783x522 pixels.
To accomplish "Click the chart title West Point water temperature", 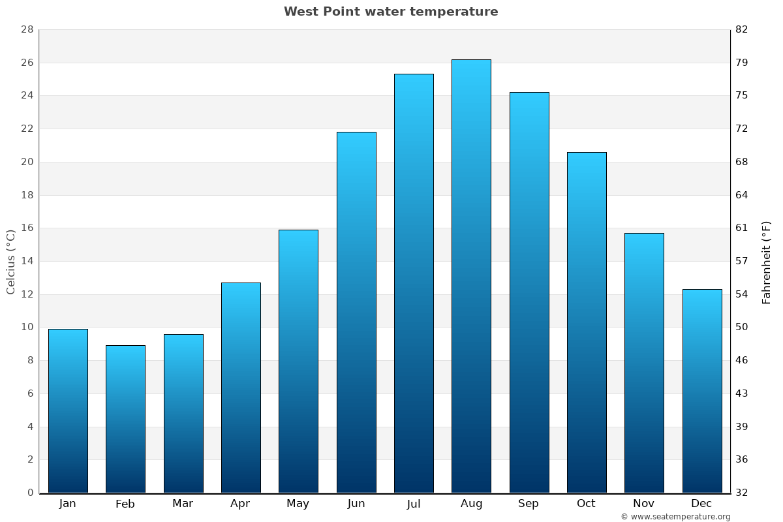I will (x=391, y=12).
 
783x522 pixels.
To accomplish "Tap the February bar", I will (x=125, y=419).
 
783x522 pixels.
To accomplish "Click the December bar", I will (x=702, y=391).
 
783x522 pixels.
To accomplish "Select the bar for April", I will (x=241, y=388).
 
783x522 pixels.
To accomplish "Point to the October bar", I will (x=587, y=322).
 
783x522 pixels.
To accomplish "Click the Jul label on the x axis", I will (x=414, y=504).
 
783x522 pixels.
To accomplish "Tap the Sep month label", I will (x=529, y=504).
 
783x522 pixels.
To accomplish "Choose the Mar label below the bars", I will (x=183, y=504).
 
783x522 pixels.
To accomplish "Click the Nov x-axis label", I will (x=644, y=504).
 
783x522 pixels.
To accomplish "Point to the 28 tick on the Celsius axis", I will (x=27, y=29).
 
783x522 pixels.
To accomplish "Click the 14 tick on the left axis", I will (x=27, y=261).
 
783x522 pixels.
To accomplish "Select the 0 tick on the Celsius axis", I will (x=30, y=493).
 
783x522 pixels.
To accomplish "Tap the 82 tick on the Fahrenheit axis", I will (x=742, y=29).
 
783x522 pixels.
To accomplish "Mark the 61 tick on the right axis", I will (x=742, y=228).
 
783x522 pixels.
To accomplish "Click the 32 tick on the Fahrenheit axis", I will (x=742, y=493).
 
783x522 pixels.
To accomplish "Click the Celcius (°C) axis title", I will (x=10, y=262).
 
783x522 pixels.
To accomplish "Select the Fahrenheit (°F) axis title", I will (x=767, y=262).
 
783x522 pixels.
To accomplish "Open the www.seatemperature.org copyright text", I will (x=675, y=517).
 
